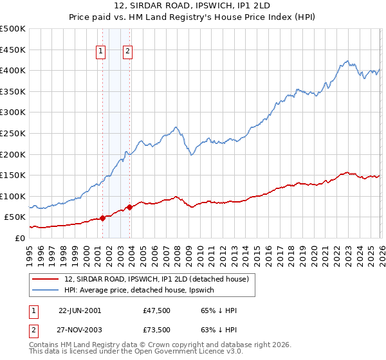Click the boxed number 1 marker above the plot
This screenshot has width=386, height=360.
(102, 53)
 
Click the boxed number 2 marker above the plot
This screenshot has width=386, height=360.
(128, 53)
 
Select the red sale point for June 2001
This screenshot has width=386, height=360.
(102, 218)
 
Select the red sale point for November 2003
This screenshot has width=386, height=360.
(130, 207)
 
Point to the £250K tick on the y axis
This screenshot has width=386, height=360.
(14, 134)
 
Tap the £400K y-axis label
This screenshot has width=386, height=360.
(14, 71)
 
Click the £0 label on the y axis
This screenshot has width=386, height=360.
(19, 239)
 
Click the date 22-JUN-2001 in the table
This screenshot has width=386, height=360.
(80, 310)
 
